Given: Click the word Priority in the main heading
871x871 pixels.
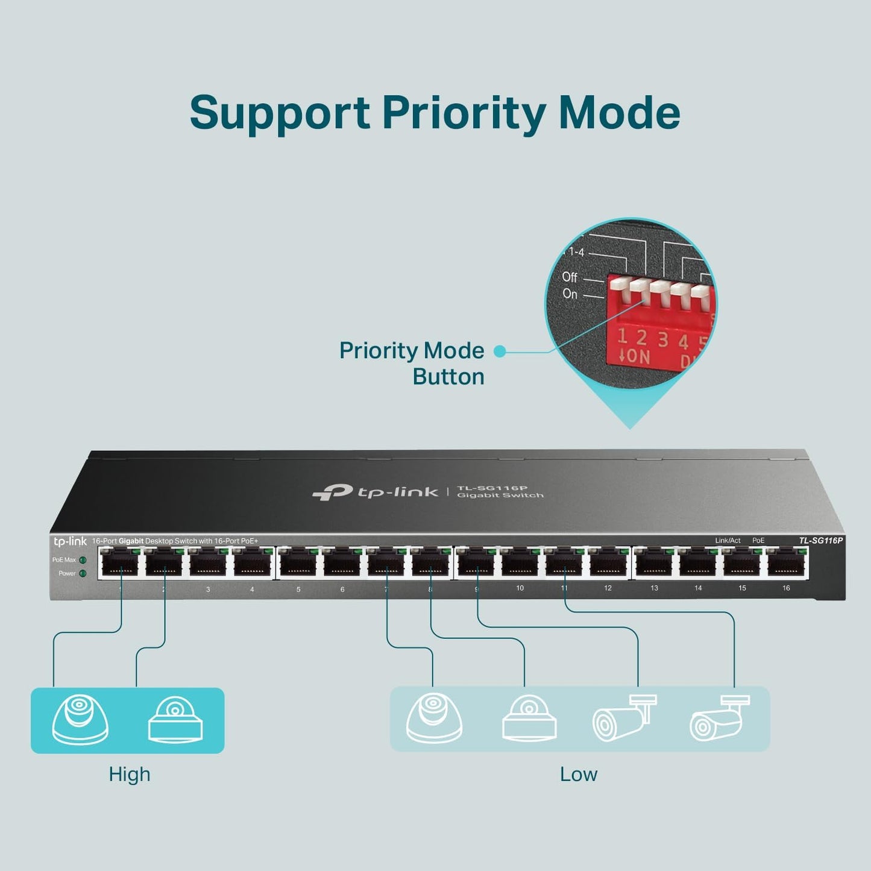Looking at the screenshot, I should pyautogui.click(x=463, y=113).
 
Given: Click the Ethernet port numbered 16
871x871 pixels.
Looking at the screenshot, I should pyautogui.click(x=787, y=565).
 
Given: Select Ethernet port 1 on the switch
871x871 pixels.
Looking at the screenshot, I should pyautogui.click(x=120, y=565).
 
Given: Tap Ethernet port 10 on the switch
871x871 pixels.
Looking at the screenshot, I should pyautogui.click(x=520, y=565).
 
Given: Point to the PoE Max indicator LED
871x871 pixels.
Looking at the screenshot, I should pyautogui.click(x=83, y=560).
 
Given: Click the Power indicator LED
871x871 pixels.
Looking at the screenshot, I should pyautogui.click(x=83, y=573).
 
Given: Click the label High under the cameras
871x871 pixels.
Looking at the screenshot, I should pyautogui.click(x=129, y=775).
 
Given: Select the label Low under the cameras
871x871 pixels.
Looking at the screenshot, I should pyautogui.click(x=578, y=775).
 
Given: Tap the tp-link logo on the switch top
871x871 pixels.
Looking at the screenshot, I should pyautogui.click(x=376, y=492).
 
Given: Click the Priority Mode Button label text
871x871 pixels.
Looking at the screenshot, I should pyautogui.click(x=412, y=363).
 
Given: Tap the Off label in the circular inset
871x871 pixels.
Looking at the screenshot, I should pyautogui.click(x=570, y=277).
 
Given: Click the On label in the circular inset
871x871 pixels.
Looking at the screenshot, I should pyautogui.click(x=570, y=294).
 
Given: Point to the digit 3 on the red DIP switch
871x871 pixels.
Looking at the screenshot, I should pyautogui.click(x=662, y=340).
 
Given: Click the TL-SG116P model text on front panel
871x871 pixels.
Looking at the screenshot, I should pyautogui.click(x=820, y=541).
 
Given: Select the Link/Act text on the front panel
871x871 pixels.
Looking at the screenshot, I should pyautogui.click(x=728, y=541).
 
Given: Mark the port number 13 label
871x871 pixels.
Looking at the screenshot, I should pyautogui.click(x=654, y=588).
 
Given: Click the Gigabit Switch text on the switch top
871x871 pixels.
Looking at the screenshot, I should pyautogui.click(x=500, y=495).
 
